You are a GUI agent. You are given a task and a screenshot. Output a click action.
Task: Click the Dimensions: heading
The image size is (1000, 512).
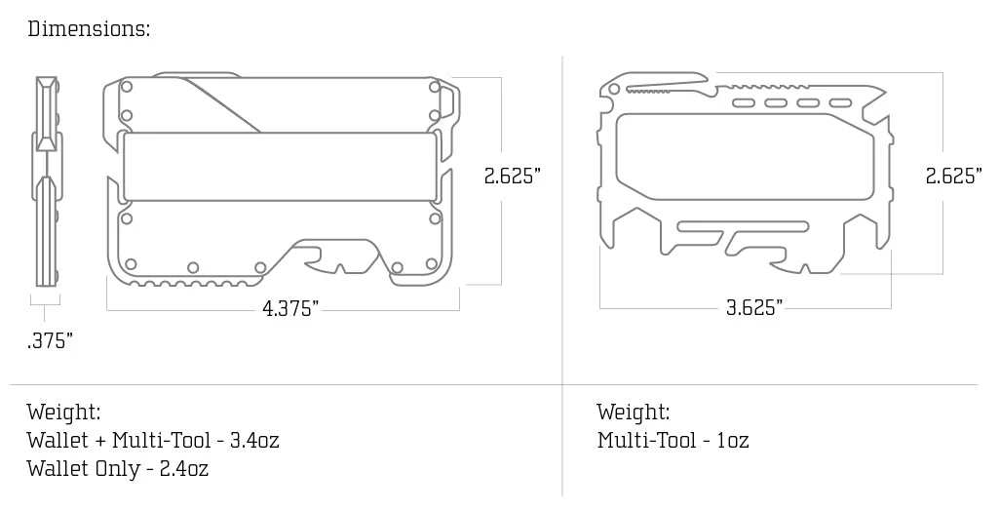pos(89,28)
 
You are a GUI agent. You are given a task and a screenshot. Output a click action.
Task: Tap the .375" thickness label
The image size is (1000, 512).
pos(50,340)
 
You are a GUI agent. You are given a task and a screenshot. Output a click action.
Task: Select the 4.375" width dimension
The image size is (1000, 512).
pos(290,309)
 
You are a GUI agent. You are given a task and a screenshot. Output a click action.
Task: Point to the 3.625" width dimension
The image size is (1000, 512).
pos(753,308)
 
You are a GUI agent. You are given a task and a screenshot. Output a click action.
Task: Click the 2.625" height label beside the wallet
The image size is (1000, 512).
pos(513,177)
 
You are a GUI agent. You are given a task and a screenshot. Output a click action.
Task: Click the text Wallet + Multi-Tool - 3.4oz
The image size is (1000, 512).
pos(153,440)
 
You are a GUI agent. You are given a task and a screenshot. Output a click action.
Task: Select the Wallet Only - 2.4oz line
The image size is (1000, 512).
pos(118,468)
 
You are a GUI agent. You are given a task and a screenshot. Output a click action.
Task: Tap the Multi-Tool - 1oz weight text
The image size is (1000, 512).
pos(673,440)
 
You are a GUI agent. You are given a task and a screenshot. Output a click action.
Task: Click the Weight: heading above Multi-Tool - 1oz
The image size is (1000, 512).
pos(634,412)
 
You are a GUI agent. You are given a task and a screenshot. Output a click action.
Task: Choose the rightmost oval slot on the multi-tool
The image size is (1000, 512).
pos(840,102)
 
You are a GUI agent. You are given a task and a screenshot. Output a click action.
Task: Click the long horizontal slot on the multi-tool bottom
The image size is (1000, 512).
pos(743,227)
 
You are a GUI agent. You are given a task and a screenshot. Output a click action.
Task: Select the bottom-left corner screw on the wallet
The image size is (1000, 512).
pos(130,263)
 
